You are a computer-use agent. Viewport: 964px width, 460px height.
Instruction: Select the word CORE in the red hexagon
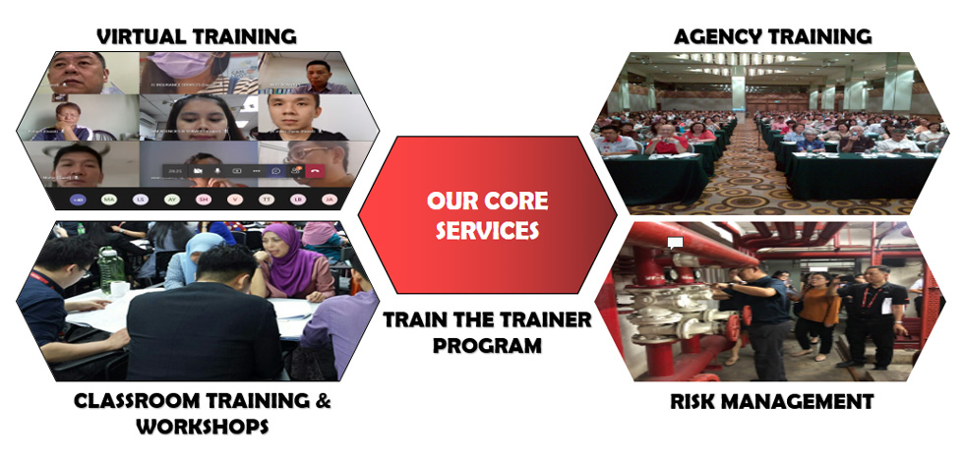click(x=515, y=201)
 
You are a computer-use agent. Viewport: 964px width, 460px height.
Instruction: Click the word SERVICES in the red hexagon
click(x=488, y=230)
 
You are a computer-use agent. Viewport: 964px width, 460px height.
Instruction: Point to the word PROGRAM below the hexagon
click(x=488, y=345)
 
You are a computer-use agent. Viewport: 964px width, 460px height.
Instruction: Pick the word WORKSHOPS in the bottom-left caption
click(x=203, y=427)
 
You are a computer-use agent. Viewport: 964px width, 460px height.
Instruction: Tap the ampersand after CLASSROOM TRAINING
click(x=323, y=402)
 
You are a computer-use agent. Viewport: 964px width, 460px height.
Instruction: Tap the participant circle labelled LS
click(x=141, y=199)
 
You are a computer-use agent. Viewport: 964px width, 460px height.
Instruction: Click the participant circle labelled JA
click(x=330, y=199)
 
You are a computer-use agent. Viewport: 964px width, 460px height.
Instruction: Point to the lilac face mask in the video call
click(x=179, y=64)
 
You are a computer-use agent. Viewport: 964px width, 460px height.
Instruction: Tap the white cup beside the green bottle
click(x=119, y=289)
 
